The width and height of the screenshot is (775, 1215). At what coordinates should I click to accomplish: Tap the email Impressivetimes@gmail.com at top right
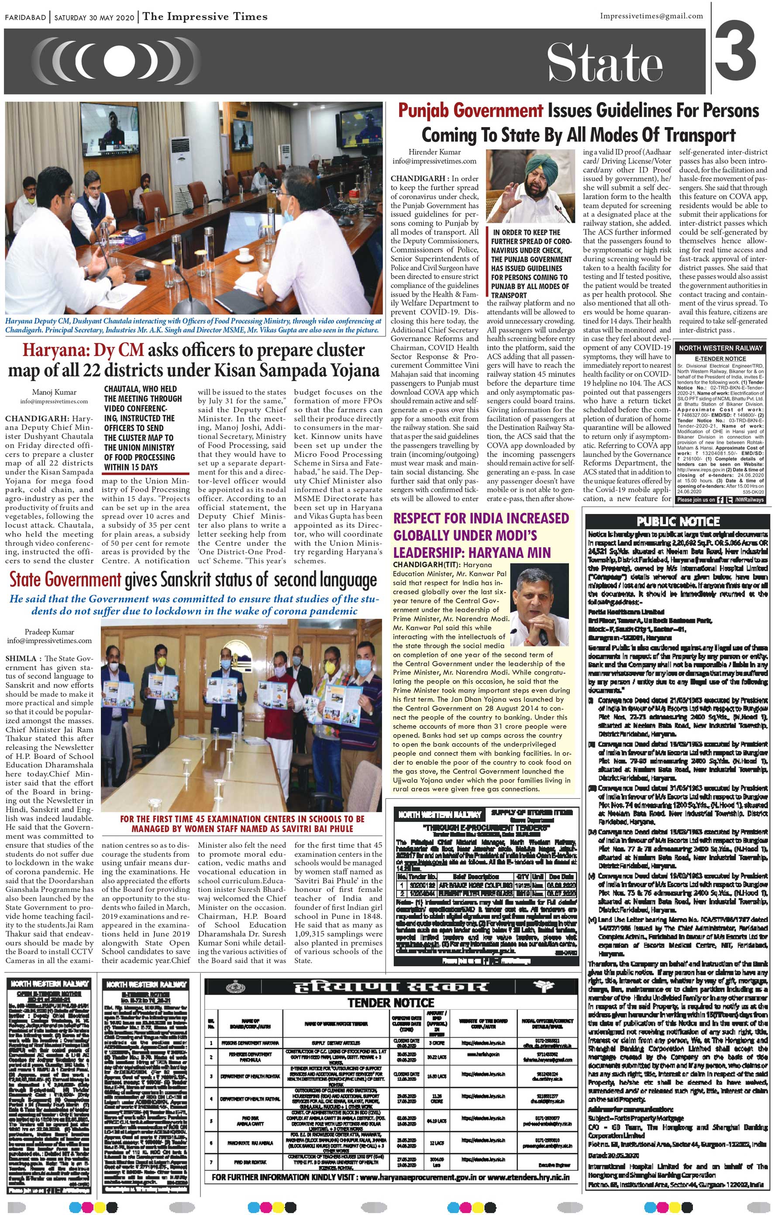pos(651,16)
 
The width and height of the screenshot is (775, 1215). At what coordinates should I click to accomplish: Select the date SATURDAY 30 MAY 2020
pos(94,17)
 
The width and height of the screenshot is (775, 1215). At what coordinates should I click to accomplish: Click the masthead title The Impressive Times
pos(205,17)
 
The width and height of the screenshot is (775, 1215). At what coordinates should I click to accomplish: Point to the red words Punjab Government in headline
pos(470,111)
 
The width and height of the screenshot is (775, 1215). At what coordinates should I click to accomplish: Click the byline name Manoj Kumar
pos(54,392)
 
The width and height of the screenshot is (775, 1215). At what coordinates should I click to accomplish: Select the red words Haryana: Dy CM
pos(83,350)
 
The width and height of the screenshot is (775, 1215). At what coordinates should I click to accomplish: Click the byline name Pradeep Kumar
pos(49,632)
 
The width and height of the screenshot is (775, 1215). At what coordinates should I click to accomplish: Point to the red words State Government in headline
pos(65,580)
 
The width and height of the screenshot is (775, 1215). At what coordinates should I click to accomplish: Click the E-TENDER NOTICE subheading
pos(720,359)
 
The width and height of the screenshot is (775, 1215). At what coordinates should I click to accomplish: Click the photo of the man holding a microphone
pos(539,605)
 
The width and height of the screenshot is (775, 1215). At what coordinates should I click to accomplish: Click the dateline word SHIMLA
pos(21,659)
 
